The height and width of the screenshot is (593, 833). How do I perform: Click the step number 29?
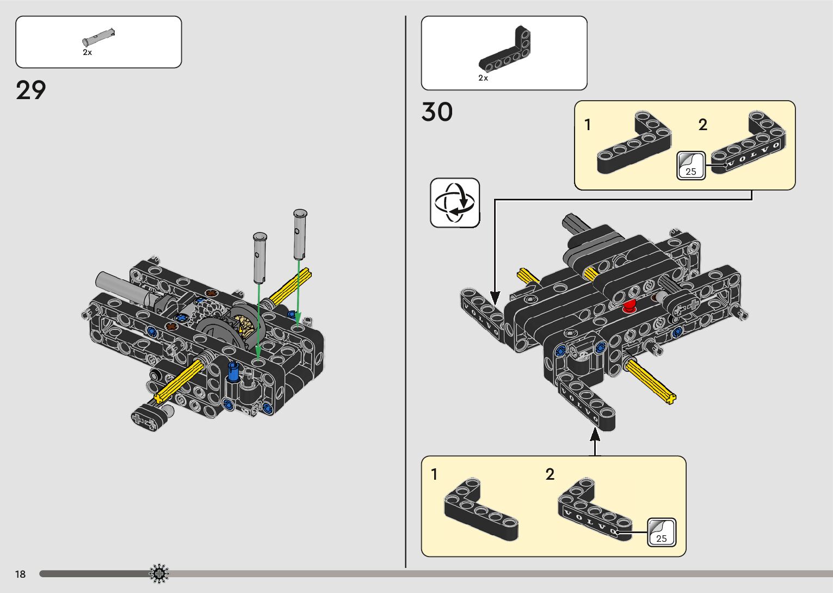(31, 90)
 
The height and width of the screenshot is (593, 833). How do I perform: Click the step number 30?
(437, 112)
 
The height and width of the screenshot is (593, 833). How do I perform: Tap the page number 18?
(21, 574)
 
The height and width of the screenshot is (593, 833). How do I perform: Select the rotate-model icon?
(455, 203)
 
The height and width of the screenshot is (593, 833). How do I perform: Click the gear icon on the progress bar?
(159, 573)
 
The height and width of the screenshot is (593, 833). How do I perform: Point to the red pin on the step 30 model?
(630, 306)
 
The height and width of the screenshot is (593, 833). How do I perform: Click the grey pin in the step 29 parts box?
(98, 38)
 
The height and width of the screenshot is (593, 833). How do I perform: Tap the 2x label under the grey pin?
(87, 53)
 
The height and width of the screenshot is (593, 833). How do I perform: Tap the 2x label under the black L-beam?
(483, 78)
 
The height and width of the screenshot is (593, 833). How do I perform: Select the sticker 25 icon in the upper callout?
(690, 166)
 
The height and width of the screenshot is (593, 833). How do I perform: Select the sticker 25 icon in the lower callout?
(661, 532)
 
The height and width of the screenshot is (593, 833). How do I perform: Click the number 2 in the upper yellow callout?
(703, 125)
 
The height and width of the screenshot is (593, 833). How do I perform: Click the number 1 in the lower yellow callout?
(434, 475)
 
